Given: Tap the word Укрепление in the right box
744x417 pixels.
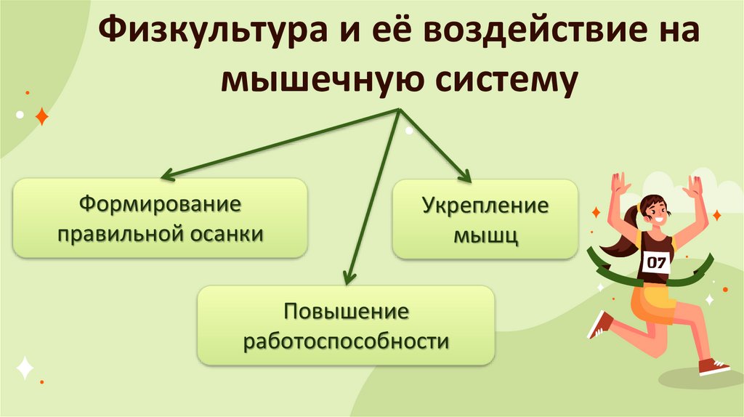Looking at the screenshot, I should pyautogui.click(x=485, y=206).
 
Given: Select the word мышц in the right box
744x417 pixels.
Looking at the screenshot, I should pyautogui.click(x=485, y=235).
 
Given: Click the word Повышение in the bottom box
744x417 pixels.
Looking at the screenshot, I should pyautogui.click(x=346, y=312).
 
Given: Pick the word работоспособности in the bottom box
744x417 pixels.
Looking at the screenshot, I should pyautogui.click(x=346, y=341).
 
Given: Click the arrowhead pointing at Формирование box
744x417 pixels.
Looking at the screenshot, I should pyautogui.click(x=166, y=175).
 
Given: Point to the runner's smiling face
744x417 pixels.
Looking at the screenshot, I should pyautogui.click(x=655, y=211).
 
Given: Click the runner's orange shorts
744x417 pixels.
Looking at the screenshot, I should pyautogui.click(x=648, y=304).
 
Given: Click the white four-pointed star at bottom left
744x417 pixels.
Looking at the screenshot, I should pyautogui.click(x=25, y=368).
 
